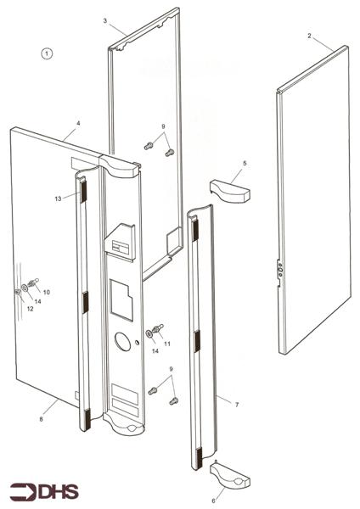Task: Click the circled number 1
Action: click(x=47, y=53)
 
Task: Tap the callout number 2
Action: click(x=309, y=36)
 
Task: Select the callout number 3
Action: click(x=105, y=20)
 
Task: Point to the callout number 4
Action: click(x=78, y=123)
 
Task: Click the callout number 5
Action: click(x=245, y=163)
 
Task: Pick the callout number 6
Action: click(x=213, y=501)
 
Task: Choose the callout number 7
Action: click(x=237, y=405)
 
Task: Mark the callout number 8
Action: click(x=41, y=419)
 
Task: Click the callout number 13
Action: click(x=58, y=199)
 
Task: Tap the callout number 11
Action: click(x=167, y=344)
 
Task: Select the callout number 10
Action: click(x=47, y=292)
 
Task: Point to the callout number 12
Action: click(x=30, y=309)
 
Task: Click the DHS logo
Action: click(x=44, y=492)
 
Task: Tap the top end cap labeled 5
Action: click(x=230, y=191)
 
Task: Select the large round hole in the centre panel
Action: click(x=123, y=342)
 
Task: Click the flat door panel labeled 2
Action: click(x=314, y=200)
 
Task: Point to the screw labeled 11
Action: click(x=158, y=328)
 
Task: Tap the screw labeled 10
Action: click(x=34, y=282)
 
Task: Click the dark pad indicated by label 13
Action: click(x=83, y=191)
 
